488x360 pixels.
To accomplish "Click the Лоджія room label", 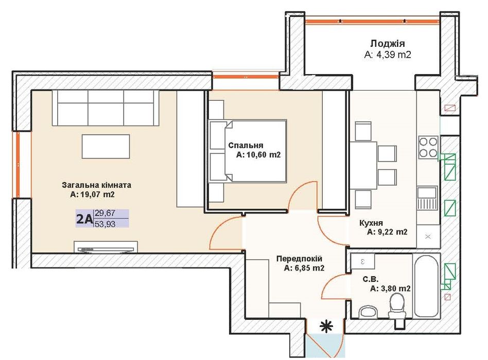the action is coord(387,44).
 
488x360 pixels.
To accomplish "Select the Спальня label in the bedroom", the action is coord(246,145).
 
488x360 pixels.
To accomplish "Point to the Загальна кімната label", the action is coord(96,185).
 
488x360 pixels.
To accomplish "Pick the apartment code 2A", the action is coord(84,219).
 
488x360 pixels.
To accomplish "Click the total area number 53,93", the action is coord(105,224).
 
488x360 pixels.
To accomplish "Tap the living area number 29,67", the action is coord(105,213).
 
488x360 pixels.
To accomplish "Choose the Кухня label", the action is coord(371,223).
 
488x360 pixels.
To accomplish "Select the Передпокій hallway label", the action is coord(300,259).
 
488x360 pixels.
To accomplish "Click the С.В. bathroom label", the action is coord(370,279).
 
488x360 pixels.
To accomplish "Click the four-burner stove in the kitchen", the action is coord(428,148).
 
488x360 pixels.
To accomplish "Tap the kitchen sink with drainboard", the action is coord(427,198).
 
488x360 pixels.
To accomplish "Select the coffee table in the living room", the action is coord(106,147).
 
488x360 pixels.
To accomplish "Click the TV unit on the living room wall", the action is coord(106,247).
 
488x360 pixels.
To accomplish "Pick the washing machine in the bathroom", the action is coord(363,261).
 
